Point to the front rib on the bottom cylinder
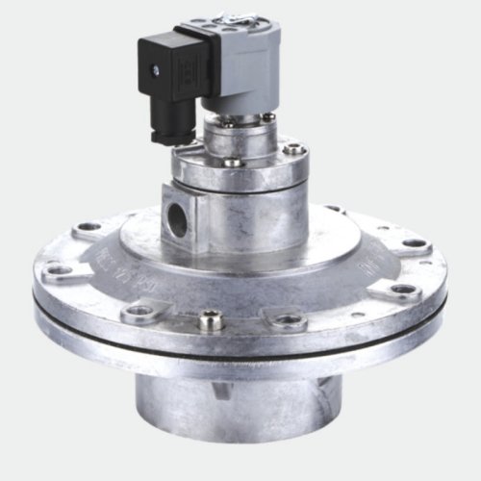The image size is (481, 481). coord(223,390)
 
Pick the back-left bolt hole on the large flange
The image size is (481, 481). coord(89,226)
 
